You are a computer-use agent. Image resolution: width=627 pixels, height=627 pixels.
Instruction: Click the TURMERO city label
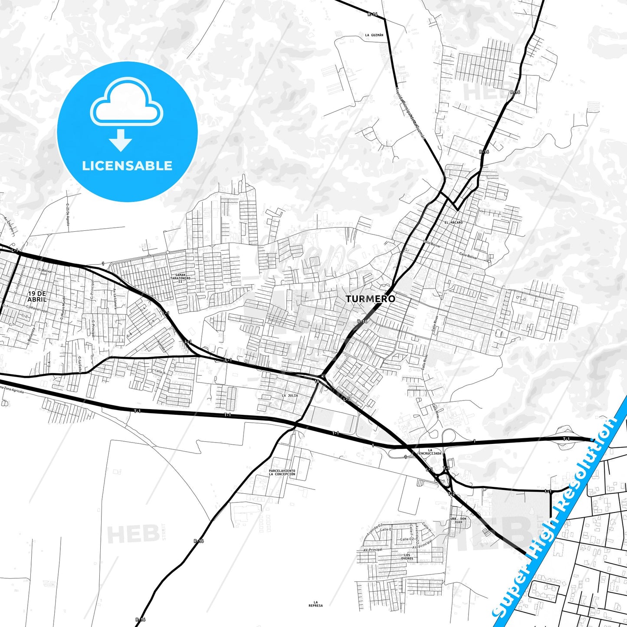coord(370,299)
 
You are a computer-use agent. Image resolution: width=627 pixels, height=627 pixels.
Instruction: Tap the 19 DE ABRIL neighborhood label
coord(36,296)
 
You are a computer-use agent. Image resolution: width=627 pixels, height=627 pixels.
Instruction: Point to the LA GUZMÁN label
coord(374,35)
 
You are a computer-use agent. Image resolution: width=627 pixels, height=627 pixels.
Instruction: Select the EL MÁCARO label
coord(453,223)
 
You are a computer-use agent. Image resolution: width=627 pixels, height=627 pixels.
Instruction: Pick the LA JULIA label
coord(290,395)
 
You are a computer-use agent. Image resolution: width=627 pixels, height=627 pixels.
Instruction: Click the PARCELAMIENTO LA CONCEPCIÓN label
coord(282,473)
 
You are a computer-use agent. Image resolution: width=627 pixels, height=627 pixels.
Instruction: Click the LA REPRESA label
coord(315,604)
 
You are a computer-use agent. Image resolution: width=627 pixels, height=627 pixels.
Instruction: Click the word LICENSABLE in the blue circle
coord(127,166)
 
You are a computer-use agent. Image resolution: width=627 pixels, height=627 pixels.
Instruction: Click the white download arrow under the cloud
coord(121,140)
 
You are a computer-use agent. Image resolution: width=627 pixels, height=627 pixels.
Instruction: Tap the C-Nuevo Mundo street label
coord(63,308)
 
